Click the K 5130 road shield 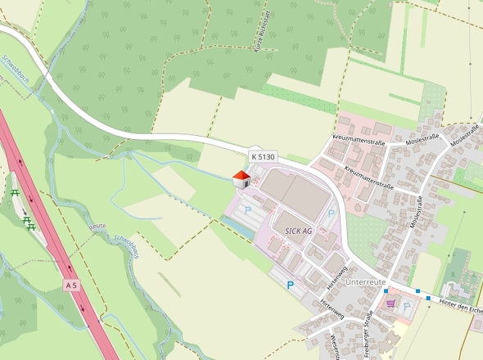click(264, 155)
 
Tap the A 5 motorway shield click(71, 286)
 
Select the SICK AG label click(299, 232)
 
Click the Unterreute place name click(366, 281)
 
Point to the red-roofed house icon click(241, 179)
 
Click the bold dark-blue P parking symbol click(290, 286)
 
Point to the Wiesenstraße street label click(335, 345)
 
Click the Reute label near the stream click(98, 226)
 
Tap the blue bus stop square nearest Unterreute click(386, 290)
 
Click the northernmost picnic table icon click(16, 193)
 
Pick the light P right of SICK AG click(332, 214)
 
